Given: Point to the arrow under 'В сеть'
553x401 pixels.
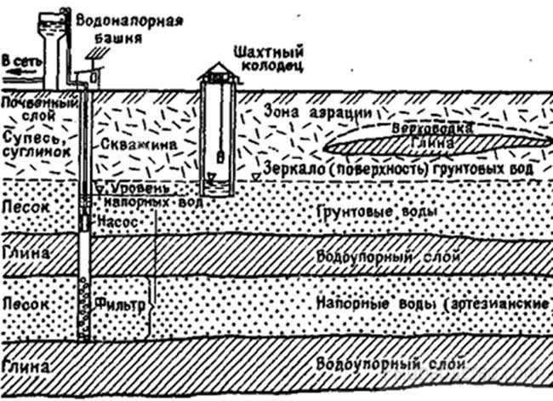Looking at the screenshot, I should tap(19, 76).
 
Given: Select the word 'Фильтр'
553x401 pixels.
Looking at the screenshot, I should tap(119, 300).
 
